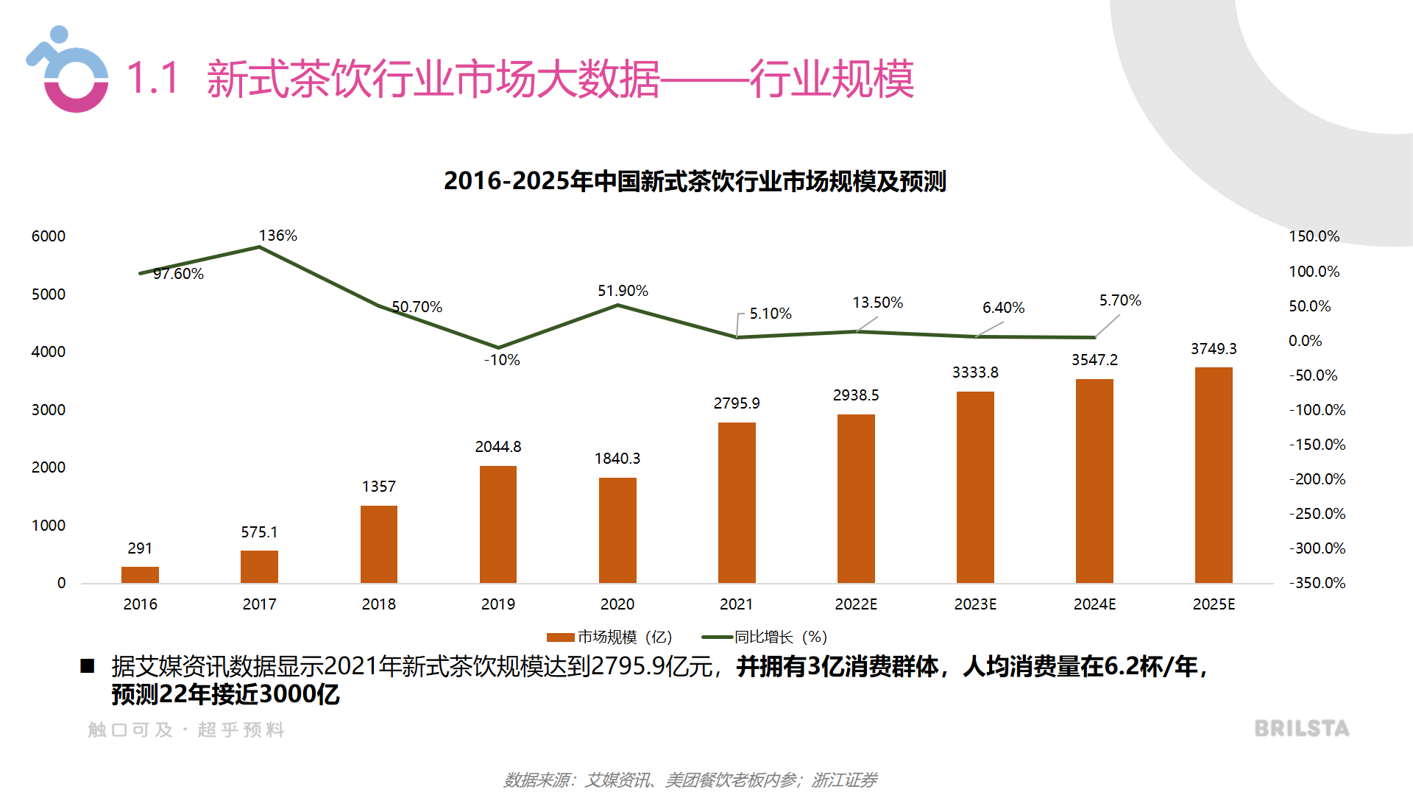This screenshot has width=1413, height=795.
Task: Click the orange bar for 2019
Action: tap(498, 524)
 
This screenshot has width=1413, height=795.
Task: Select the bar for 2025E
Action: tap(1214, 475)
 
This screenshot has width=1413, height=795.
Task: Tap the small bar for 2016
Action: tap(140, 574)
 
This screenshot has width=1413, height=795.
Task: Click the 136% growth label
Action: tap(278, 236)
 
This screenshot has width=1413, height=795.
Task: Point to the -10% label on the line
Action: tap(502, 360)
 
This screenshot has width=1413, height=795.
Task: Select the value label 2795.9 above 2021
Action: tap(737, 403)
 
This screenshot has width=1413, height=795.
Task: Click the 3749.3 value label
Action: tap(1214, 349)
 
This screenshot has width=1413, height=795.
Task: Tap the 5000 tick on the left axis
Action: tap(49, 294)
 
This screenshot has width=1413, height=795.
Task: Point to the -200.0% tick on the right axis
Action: tap(1317, 479)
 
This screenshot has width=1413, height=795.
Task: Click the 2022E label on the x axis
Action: tap(856, 604)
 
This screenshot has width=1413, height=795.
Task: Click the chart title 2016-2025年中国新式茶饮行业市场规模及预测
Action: tap(695, 181)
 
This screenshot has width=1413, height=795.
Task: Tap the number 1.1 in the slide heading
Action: tap(153, 78)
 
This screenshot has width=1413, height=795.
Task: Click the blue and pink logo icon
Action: tap(68, 71)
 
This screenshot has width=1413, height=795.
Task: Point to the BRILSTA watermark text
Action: tap(1302, 729)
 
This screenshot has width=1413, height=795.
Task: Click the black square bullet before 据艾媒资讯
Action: tap(88, 666)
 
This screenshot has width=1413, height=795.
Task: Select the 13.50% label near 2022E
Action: tap(877, 303)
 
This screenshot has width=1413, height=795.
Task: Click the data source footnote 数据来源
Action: tap(690, 780)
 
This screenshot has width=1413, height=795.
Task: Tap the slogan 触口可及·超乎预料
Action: tap(186, 729)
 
